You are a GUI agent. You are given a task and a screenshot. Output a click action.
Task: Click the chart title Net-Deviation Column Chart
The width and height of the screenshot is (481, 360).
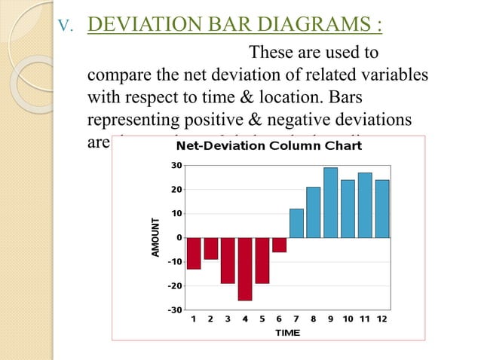pyautogui.click(x=268, y=145)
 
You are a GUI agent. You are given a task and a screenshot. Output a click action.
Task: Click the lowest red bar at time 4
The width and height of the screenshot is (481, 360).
pyautogui.click(x=245, y=269)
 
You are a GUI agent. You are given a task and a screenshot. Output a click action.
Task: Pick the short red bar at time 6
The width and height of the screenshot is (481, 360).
pyautogui.click(x=279, y=245)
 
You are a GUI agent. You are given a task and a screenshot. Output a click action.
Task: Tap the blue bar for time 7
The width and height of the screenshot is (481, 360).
pyautogui.click(x=296, y=224)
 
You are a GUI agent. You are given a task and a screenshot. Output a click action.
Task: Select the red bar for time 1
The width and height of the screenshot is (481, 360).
pyautogui.click(x=194, y=253)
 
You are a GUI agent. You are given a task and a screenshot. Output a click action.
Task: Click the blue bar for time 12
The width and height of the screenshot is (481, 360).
pyautogui.click(x=382, y=209)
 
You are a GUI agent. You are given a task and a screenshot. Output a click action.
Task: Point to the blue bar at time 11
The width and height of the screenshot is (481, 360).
pyautogui.click(x=365, y=206)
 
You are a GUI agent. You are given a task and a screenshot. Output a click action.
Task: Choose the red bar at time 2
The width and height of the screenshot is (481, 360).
pyautogui.click(x=211, y=249)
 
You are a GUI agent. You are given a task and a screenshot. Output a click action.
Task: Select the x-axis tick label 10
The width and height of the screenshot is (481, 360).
pyautogui.click(x=348, y=319)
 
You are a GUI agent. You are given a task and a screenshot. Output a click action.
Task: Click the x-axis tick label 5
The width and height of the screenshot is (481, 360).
pyautogui.click(x=262, y=319)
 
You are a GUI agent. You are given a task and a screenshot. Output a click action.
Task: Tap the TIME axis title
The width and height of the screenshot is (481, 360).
pyautogui.click(x=287, y=332)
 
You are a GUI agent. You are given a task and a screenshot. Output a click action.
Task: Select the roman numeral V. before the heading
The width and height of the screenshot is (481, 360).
pyautogui.click(x=66, y=29)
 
